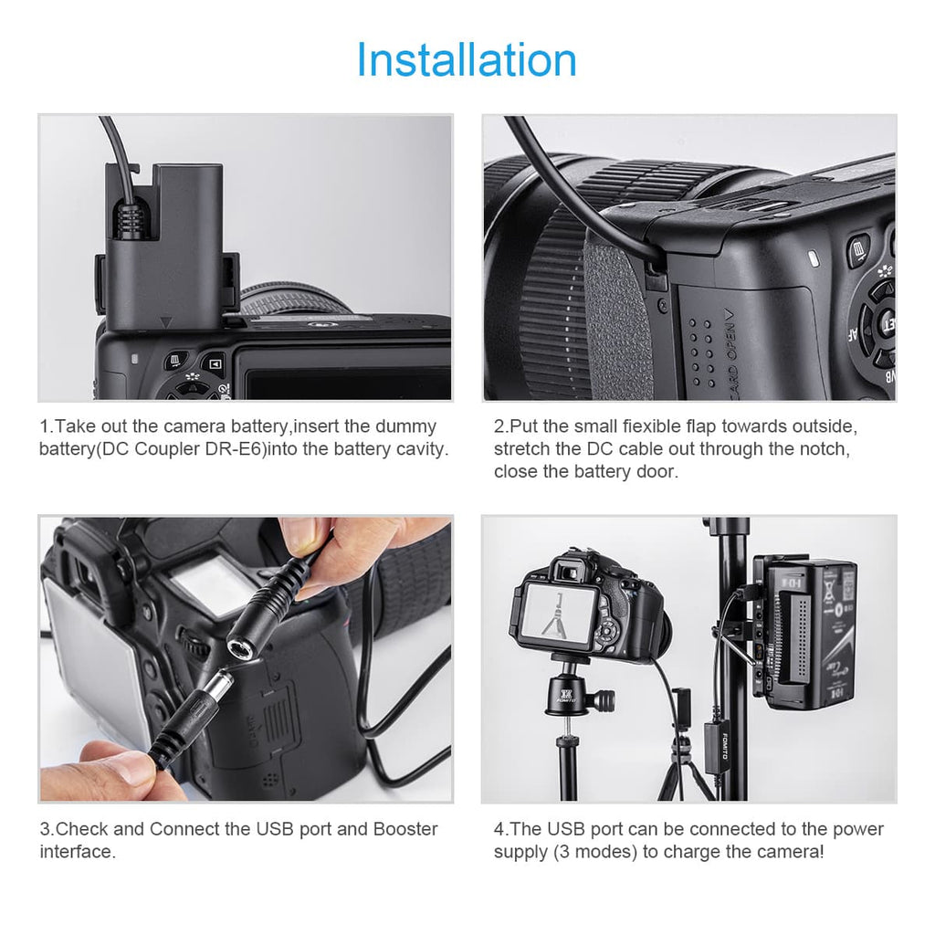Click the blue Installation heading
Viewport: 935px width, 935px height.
click(467, 59)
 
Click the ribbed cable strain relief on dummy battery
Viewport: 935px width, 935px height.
click(131, 219)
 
